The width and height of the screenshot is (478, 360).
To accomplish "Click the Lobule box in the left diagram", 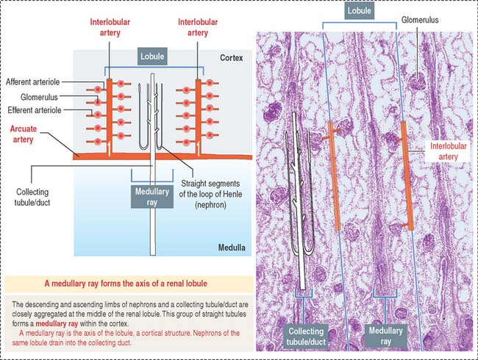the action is pyautogui.click(x=152, y=57).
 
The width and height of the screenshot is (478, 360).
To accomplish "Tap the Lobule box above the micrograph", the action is pyautogui.click(x=360, y=11).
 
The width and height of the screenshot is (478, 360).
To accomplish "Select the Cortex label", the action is pyautogui.click(x=232, y=58).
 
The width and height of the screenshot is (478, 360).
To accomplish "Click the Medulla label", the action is pyautogui.click(x=232, y=248).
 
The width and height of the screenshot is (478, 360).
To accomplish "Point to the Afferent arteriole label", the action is pyautogui.click(x=33, y=82).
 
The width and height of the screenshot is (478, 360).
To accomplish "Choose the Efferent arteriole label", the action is pyautogui.click(x=35, y=110).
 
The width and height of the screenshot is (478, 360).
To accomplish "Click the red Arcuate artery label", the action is pyautogui.click(x=24, y=134).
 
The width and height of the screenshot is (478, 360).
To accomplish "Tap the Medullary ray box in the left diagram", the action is pyautogui.click(x=152, y=197).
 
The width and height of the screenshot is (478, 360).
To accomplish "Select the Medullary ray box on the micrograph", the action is pyautogui.click(x=385, y=336).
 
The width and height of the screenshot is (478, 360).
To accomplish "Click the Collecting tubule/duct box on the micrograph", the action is pyautogui.click(x=306, y=336).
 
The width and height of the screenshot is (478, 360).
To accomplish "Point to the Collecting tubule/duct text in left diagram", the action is pyautogui.click(x=32, y=197).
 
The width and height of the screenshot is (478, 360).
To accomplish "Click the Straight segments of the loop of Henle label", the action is pyautogui.click(x=210, y=194).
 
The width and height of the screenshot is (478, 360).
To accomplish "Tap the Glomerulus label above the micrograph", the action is pyautogui.click(x=420, y=20).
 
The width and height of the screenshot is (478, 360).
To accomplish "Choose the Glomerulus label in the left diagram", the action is pyautogui.click(x=39, y=97).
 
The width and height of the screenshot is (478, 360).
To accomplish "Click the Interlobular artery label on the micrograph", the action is pyautogui.click(x=448, y=151).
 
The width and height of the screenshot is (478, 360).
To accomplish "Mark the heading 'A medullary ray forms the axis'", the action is pyautogui.click(x=126, y=284).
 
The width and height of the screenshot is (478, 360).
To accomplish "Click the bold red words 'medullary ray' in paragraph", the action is pyautogui.click(x=57, y=323).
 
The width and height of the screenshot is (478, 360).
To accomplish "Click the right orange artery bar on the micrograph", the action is pyautogui.click(x=407, y=176).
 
